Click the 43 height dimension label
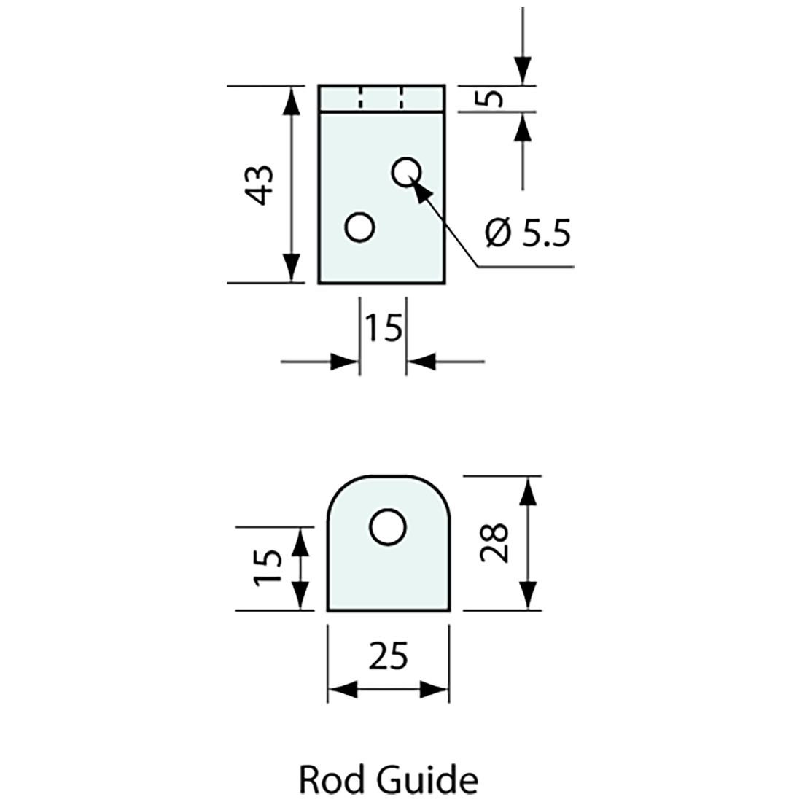coord(260,184)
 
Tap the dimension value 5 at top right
coord(494,98)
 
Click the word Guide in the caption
coord(429,780)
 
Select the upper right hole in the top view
coord(407,172)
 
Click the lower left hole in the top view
coord(359,227)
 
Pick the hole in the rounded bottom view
coord(387,527)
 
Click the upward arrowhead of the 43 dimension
coord(291,100)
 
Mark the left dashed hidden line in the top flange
coord(359,98)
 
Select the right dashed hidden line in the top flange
coord(402,98)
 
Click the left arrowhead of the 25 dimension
coord(340,690)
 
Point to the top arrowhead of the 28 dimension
coord(529,490)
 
